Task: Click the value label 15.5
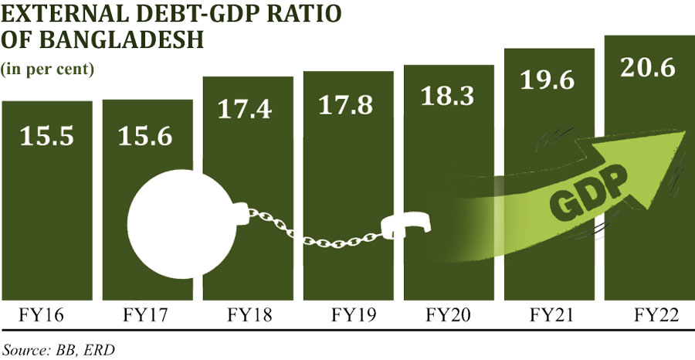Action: pyautogui.click(x=46, y=137)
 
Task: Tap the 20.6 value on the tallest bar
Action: pyautogui.click(x=649, y=68)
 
